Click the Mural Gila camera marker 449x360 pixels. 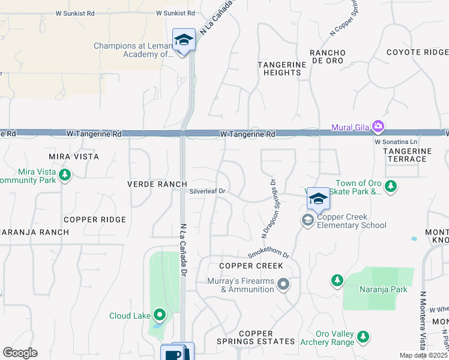coord(378,127)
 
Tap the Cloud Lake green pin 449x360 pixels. coord(159,314)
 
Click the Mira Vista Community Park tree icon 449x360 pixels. coord(65,175)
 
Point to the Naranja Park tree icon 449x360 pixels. coord(337,280)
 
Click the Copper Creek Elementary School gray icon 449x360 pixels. coord(308,221)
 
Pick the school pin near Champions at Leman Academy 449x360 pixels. coord(184,40)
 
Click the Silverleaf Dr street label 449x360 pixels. coord(207,192)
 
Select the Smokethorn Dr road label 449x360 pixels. coord(268,254)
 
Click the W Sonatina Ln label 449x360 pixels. coord(395,142)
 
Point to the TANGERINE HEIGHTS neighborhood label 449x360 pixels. coord(279,68)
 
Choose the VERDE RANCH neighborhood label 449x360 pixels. coord(157,184)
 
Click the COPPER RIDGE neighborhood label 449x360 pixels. coord(95,220)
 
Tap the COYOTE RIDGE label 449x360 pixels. coord(417,52)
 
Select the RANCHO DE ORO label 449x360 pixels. coord(327,57)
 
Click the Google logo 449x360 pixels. coord(20,353)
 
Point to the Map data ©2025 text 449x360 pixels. coord(423,355)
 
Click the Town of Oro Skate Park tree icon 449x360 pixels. coord(391,186)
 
